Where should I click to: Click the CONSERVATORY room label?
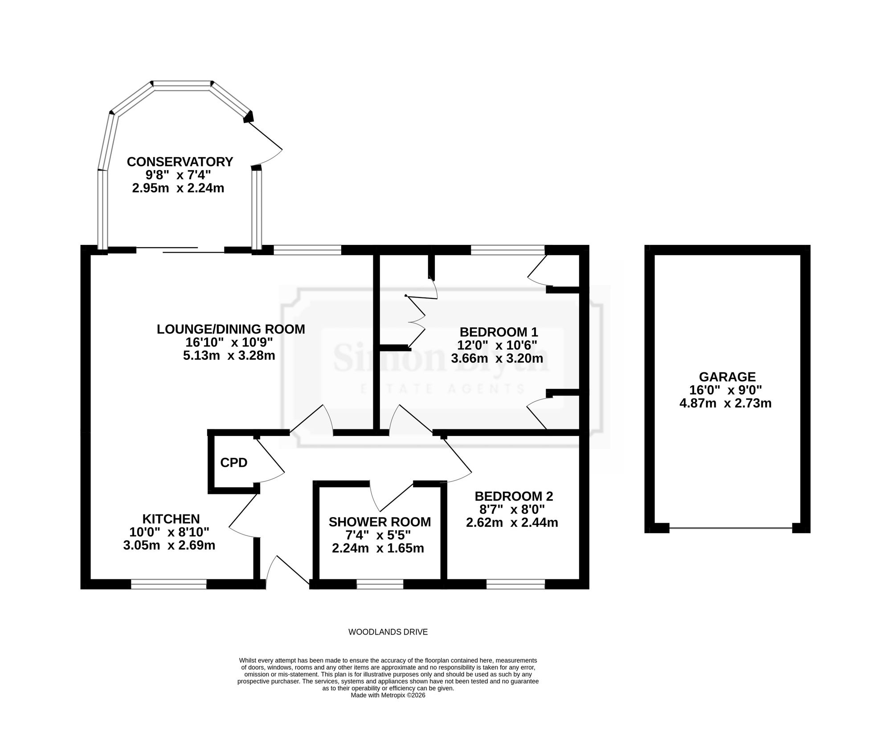pyautogui.click(x=180, y=162)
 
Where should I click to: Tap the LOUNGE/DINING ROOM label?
pyautogui.click(x=231, y=329)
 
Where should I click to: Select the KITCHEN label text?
pyautogui.click(x=171, y=519)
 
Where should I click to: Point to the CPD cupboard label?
pyautogui.click(x=234, y=463)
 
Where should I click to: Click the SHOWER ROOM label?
pyautogui.click(x=380, y=522)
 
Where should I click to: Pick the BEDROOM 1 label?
pyautogui.click(x=499, y=332)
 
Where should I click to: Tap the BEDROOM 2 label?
pyautogui.click(x=514, y=496)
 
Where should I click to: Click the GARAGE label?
pyautogui.click(x=727, y=377)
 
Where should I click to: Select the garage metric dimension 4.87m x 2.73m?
pyautogui.click(x=726, y=404)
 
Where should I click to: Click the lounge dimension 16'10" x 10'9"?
pyautogui.click(x=229, y=343)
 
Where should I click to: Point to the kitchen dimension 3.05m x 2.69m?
pyautogui.click(x=169, y=545)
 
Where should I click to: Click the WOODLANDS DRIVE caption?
pyautogui.click(x=388, y=632)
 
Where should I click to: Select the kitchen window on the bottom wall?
pyautogui.click(x=169, y=584)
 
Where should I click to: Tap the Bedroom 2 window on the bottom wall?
pyautogui.click(x=516, y=584)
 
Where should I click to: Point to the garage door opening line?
pyautogui.click(x=731, y=528)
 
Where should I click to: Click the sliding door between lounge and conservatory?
pyautogui.click(x=180, y=250)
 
